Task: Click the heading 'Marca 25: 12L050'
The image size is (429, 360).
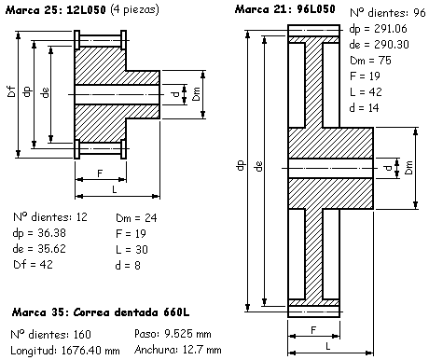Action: [56, 10]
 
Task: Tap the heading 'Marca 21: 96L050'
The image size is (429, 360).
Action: [285, 9]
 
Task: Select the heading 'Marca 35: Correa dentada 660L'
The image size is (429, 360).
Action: [101, 312]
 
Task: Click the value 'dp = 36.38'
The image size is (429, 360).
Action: [39, 233]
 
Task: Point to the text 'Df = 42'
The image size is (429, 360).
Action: [33, 265]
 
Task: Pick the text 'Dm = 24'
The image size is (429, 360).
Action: [136, 218]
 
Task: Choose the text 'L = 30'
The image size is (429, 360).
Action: [131, 250]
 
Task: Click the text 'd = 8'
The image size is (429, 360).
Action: [128, 266]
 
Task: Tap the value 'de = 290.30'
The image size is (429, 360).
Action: [379, 45]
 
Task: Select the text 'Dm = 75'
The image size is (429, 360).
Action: [370, 61]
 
